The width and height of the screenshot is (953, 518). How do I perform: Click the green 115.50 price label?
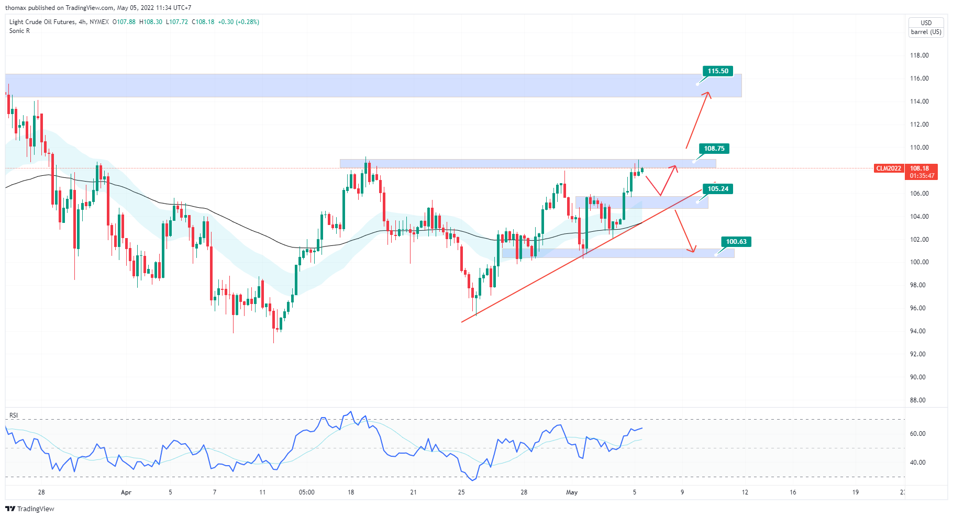tap(717, 71)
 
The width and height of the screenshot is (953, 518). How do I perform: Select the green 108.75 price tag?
tap(714, 149)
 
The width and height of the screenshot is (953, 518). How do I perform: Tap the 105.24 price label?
tap(717, 189)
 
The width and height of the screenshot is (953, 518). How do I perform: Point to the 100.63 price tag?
tap(736, 242)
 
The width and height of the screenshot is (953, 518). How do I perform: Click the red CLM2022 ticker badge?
tap(889, 168)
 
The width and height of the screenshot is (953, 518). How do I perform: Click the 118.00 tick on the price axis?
tap(919, 55)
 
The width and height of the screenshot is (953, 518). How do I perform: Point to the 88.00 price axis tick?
tap(917, 400)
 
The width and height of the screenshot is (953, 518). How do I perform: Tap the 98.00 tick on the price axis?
tap(917, 285)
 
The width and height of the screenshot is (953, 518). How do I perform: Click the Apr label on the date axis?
tap(126, 492)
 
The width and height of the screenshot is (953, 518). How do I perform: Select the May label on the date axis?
tap(572, 492)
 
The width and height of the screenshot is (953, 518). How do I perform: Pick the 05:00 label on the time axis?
tap(306, 492)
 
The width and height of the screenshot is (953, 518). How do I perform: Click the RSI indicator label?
tap(14, 415)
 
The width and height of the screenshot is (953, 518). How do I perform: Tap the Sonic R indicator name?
tap(19, 31)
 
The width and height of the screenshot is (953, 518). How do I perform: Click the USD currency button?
tap(926, 23)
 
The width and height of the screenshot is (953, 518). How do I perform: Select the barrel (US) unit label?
tap(926, 32)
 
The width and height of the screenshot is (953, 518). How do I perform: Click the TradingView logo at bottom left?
tap(30, 509)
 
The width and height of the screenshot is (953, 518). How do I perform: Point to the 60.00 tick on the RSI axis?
tap(917, 434)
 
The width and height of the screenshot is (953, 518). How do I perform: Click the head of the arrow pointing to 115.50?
tap(708, 93)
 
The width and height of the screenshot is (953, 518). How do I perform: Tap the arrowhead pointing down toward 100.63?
tap(693, 251)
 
